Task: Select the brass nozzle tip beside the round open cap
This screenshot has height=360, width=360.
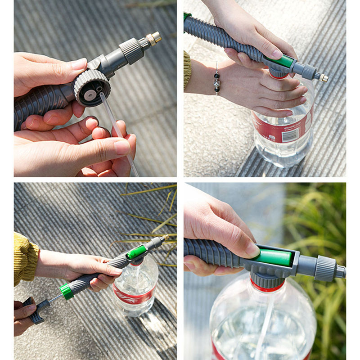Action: point(153,38)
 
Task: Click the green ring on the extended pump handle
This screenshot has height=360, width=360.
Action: point(66,291)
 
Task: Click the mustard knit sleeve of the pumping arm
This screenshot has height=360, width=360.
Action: point(25,259)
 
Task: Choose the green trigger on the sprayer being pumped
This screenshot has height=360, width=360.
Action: point(136,252)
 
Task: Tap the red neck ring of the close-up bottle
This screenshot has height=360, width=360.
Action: point(267,287)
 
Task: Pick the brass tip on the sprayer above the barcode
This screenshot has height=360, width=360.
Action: point(323,78)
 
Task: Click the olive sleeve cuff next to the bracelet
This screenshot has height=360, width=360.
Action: point(187,69)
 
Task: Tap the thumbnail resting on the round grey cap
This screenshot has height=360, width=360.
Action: point(78,64)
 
